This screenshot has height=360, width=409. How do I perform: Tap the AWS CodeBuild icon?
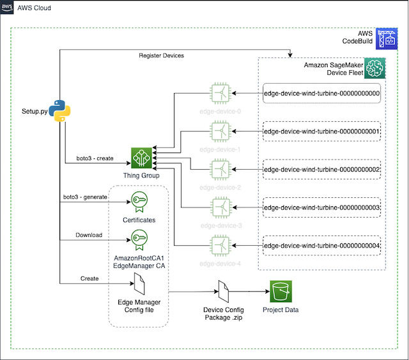387,38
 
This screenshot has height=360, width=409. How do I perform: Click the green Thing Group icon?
141,158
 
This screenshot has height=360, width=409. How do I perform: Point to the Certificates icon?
140,201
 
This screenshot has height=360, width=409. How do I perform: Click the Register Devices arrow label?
161,56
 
